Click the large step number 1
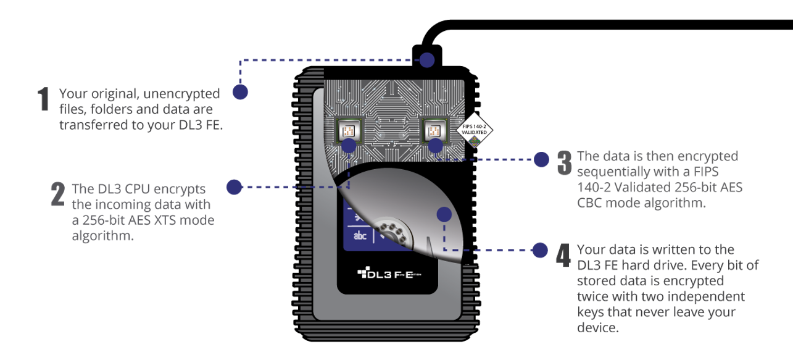pyautogui.click(x=43, y=99)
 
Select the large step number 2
pyautogui.click(x=57, y=193)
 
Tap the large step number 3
pyautogui.click(x=564, y=162)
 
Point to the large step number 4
pyautogui.click(x=563, y=255)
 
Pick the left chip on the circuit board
pyautogui.click(x=347, y=130)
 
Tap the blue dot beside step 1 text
pyautogui.click(x=240, y=93)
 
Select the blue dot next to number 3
pyautogui.click(x=541, y=159)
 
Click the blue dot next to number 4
pyautogui.click(x=540, y=250)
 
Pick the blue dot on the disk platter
pyautogui.click(x=443, y=215)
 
